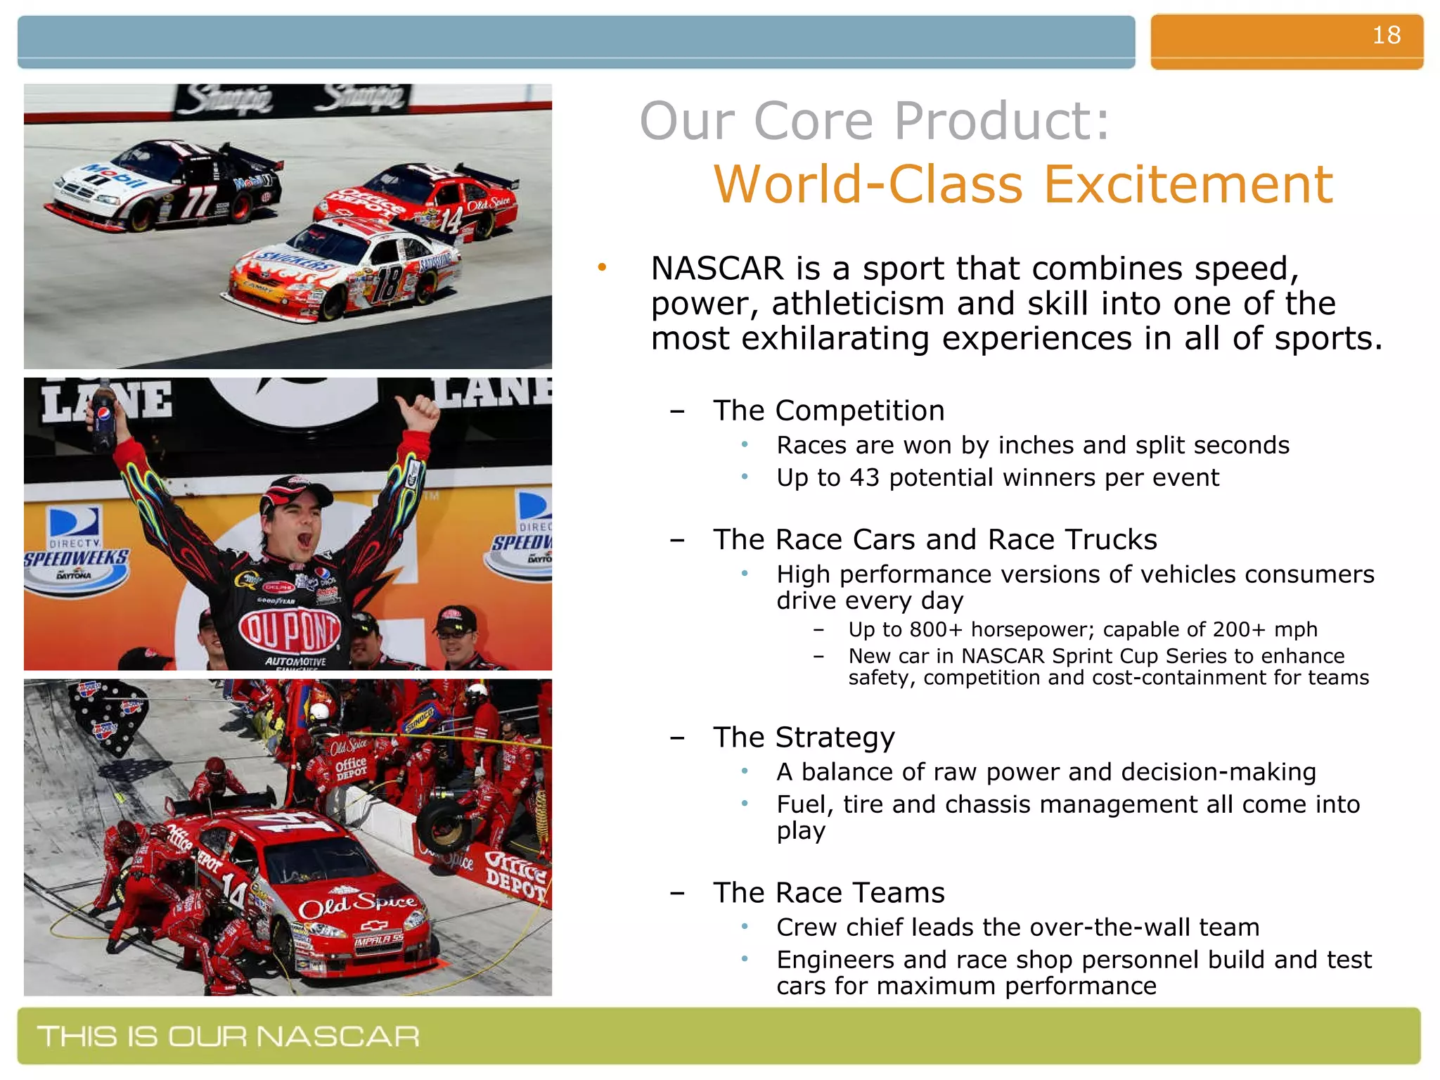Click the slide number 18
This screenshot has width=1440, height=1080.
coord(1386,35)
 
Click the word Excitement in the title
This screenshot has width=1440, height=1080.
coord(1188,185)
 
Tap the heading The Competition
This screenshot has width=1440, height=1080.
coord(828,411)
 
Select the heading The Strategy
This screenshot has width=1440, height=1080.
coord(804,738)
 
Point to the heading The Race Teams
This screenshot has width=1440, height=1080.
coord(828,893)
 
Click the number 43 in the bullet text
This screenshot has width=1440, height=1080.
coord(864,478)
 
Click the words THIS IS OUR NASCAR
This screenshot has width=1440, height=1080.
coord(229,1036)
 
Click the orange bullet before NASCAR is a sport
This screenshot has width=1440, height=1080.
coord(602,267)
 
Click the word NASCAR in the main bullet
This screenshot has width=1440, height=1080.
coord(716,269)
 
